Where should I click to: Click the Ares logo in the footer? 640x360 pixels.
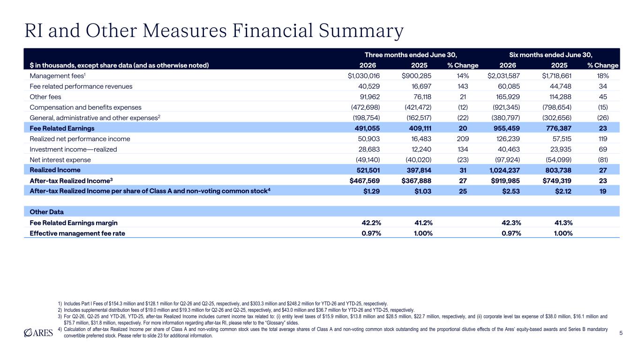pos(38,333)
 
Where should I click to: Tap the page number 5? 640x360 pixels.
pos(621,333)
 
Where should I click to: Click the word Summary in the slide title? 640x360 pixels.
pos(361,31)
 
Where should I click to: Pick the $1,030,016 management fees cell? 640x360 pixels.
pos(364,76)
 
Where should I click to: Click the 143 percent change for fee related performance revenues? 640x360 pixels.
pos(463,86)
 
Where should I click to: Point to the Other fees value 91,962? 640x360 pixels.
pos(370,97)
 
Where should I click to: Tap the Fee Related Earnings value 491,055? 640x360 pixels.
pos(367,128)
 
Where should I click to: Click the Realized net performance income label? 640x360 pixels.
pos(80,139)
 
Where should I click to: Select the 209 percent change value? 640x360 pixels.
pos(463,139)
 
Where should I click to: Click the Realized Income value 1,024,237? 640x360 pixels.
pos(504,170)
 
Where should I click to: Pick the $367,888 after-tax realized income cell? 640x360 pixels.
pos(416,181)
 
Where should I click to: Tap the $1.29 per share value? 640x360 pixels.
pos(371,191)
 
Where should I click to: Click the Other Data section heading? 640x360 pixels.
pos(46,212)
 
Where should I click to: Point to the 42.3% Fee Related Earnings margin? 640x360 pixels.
pos(512,223)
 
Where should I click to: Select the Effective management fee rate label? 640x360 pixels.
pos(77,233)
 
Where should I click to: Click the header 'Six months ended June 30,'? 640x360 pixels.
pos(551,55)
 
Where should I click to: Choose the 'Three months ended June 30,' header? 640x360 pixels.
pos(411,55)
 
